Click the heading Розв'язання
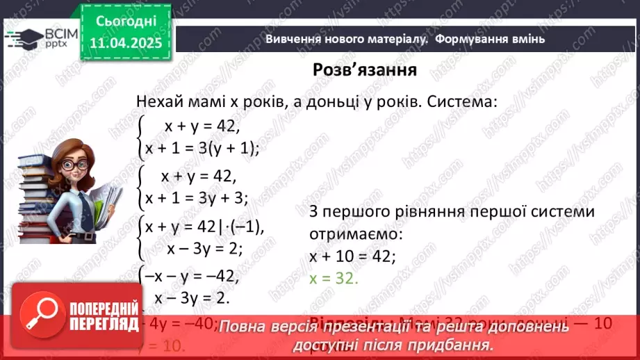[x=364, y=70]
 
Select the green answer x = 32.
[x=334, y=277]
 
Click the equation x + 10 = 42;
[x=353, y=256]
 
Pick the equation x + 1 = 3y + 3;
[x=197, y=198]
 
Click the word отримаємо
[x=352, y=234]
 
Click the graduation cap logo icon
[x=22, y=37]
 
